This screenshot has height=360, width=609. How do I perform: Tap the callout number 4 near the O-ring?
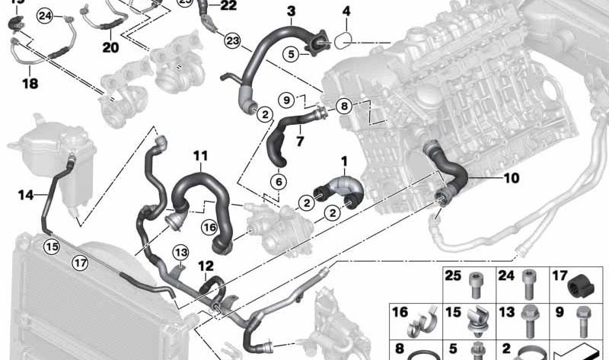point(346,12)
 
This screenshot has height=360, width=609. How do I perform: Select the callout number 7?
point(300,142)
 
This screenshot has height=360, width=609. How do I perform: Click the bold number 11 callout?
point(200,157)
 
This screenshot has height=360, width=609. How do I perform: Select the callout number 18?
point(30,84)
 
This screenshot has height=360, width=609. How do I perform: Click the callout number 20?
point(111,47)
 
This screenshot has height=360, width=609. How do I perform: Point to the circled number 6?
point(279,182)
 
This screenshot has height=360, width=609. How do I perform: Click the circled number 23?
point(232,40)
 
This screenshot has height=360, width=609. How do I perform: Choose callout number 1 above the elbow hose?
point(343,161)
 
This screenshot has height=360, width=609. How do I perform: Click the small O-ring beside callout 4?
point(345,39)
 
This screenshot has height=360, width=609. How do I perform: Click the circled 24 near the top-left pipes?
point(45,15)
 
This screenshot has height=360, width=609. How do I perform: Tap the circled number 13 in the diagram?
point(180,252)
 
